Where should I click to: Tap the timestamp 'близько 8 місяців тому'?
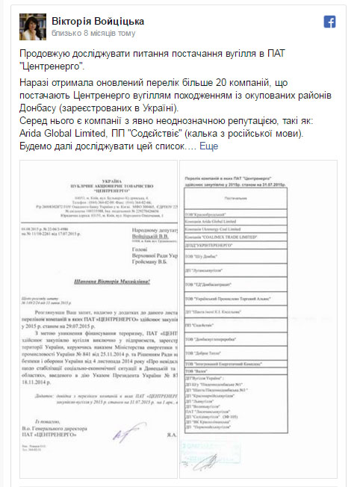94,34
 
